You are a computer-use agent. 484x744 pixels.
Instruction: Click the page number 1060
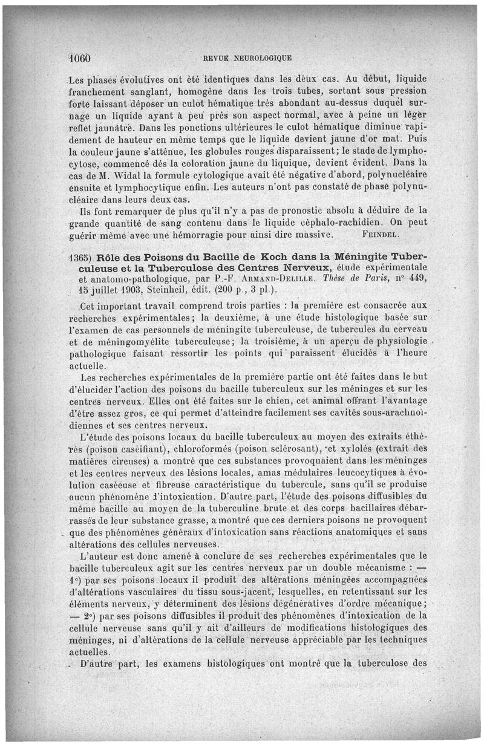click(79, 59)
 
